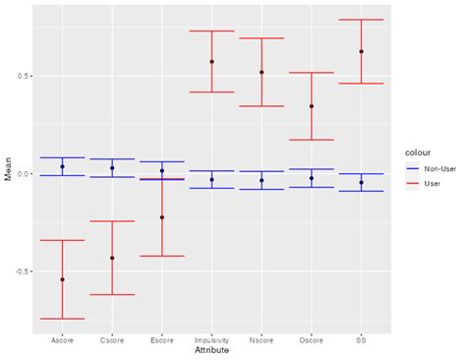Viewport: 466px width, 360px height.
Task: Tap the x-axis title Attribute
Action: tap(211, 351)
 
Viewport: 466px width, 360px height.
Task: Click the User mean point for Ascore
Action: tap(62, 279)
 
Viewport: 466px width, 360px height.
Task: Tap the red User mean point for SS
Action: tap(361, 51)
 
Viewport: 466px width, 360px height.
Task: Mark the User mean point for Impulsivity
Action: tap(211, 62)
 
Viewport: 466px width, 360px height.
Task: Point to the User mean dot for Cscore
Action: tap(112, 258)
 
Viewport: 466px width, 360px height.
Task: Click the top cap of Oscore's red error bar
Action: tap(312, 73)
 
